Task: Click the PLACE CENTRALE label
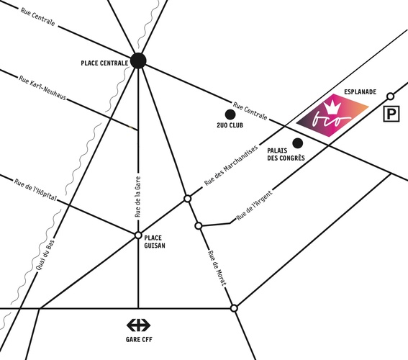[x=104, y=63]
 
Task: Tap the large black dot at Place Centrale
[x=138, y=60]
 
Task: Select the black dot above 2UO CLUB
[x=230, y=114]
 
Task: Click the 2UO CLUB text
[x=230, y=125]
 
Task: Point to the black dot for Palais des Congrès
[x=298, y=143]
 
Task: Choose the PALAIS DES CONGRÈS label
[x=286, y=154]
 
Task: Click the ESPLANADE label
[x=360, y=92]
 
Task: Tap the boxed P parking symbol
[x=391, y=114]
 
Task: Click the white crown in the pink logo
[x=332, y=107]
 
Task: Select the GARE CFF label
[x=139, y=339]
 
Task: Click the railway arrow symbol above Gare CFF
[x=138, y=325]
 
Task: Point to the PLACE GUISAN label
[x=155, y=242]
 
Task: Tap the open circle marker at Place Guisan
[x=138, y=235]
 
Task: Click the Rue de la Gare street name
[x=137, y=197]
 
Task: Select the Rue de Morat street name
[x=217, y=268]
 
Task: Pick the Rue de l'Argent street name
[x=254, y=205]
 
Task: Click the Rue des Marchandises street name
[x=231, y=166]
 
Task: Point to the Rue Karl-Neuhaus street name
[x=42, y=88]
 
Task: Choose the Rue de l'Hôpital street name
[x=35, y=190]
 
